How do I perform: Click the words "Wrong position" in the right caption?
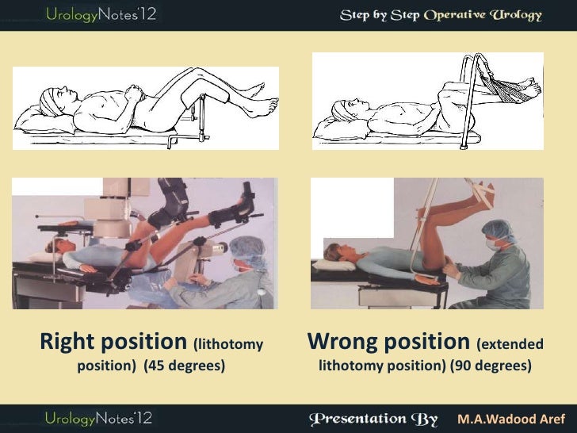pos(388,343)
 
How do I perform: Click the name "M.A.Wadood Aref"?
pos(506,417)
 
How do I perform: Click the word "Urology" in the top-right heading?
pos(507,16)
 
